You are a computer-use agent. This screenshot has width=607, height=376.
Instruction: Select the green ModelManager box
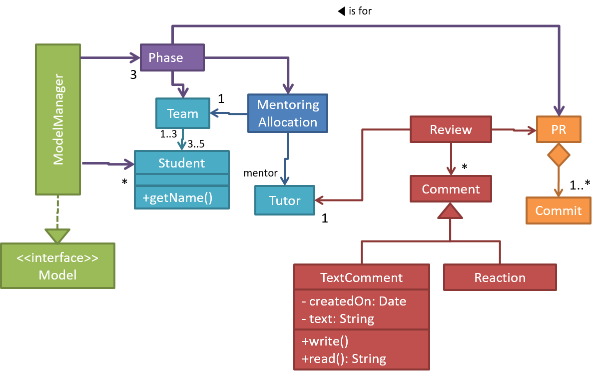tap(58, 119)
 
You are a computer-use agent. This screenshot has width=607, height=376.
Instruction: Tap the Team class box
tap(182, 113)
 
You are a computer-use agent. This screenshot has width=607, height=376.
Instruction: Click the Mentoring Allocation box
tap(288, 113)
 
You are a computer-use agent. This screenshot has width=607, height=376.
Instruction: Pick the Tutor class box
tap(285, 200)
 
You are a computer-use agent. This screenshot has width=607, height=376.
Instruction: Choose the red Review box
tap(451, 129)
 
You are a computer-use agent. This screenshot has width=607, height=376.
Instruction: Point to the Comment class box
tap(451, 189)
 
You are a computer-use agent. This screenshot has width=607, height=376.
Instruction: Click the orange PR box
tap(559, 129)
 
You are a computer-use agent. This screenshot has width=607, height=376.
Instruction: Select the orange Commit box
tap(558, 210)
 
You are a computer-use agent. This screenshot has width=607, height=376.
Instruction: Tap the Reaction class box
tap(500, 277)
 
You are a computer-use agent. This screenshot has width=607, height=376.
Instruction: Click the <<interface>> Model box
tap(57, 266)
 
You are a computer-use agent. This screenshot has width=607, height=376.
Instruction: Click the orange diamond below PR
tap(559, 155)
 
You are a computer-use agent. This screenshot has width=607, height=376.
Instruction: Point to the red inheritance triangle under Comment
tap(450, 212)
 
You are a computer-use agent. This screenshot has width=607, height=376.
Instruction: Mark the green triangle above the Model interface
tap(57, 235)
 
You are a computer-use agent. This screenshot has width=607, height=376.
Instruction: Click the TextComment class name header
tap(362, 277)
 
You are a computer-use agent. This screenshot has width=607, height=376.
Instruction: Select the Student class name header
tap(182, 162)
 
